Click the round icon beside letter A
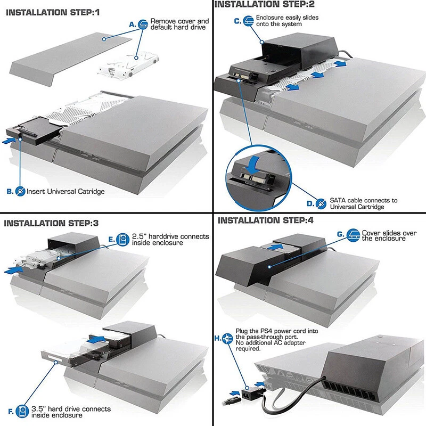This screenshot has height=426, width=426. click(x=143, y=24)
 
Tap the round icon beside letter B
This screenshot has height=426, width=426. click(x=20, y=190)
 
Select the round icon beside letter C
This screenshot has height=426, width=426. click(x=249, y=21)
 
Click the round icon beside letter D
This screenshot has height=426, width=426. click(x=321, y=203)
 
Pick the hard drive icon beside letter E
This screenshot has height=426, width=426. click(x=123, y=239)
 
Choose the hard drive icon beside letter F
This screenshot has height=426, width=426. click(x=21, y=412)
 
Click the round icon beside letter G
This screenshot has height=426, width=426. click(x=353, y=235)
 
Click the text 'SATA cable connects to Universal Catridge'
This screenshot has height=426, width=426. click(x=364, y=203)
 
